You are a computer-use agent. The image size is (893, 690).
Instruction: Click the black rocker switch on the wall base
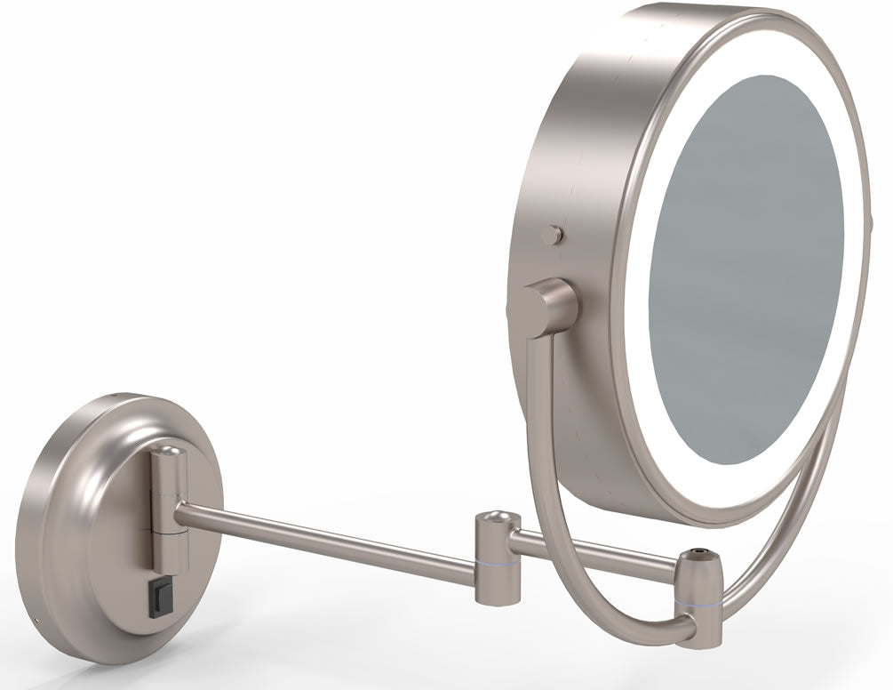pyautogui.click(x=162, y=593)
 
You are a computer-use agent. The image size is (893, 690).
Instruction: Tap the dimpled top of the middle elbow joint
pyautogui.click(x=495, y=517)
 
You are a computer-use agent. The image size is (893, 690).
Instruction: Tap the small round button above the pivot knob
pyautogui.click(x=554, y=235)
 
